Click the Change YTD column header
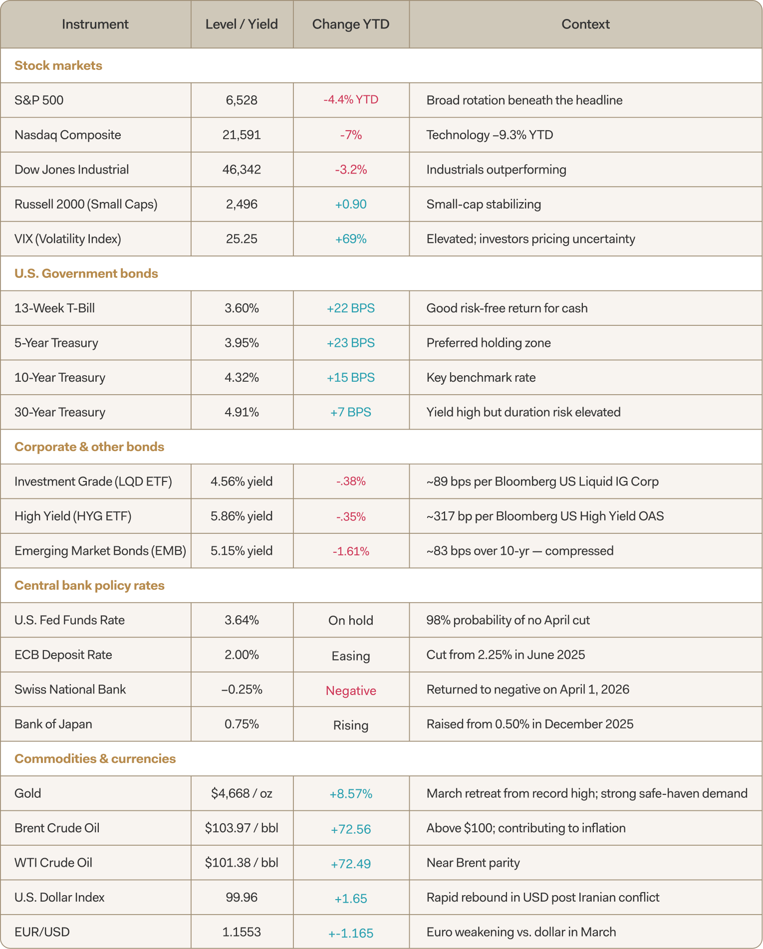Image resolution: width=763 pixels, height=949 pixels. [351, 24]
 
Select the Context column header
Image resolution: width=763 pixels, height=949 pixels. [585, 24]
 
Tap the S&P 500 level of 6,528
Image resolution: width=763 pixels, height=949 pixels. [242, 100]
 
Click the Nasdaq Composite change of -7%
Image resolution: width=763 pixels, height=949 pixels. [351, 135]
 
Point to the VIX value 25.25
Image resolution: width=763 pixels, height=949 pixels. [242, 239]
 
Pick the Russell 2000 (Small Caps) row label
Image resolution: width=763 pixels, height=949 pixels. [86, 204]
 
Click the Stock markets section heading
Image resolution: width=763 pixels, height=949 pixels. [58, 65]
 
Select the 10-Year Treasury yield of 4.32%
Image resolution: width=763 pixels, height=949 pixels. [242, 378]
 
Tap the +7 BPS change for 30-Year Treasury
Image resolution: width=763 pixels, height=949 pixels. [351, 412]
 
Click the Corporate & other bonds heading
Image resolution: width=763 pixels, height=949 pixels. [89, 447]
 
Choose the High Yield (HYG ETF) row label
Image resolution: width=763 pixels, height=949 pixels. [73, 516]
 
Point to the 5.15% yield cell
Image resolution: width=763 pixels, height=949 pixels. [242, 551]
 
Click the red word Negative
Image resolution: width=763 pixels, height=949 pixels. [351, 691]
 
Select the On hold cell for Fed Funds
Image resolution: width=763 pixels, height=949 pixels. [351, 620]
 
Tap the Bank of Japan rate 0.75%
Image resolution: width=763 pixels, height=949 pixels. [242, 724]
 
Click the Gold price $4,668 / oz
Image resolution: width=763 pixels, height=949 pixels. [242, 793]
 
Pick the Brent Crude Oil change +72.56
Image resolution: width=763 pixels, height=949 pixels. [351, 829]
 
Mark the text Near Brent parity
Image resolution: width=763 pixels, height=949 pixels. [473, 863]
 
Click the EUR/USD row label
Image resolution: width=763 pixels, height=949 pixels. [42, 932]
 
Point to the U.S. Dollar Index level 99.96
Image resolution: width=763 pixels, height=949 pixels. [242, 897]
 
